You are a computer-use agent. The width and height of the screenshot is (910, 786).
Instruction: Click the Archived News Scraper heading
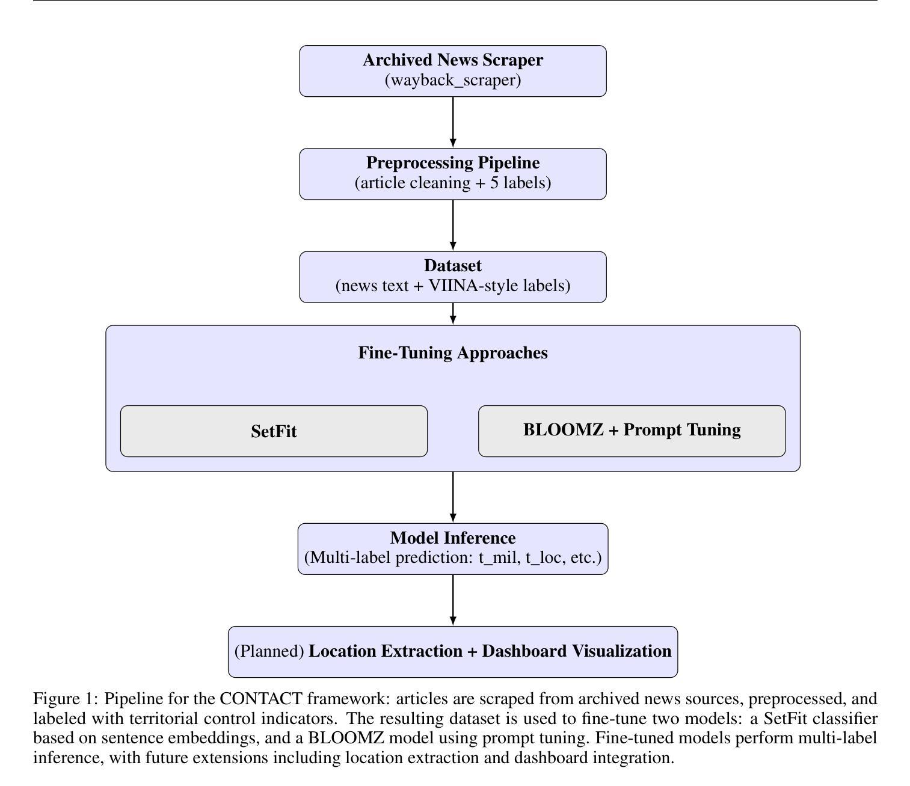point(452,60)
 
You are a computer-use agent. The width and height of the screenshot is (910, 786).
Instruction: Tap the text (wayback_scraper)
point(452,80)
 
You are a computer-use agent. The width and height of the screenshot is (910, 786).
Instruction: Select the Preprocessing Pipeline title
point(452,163)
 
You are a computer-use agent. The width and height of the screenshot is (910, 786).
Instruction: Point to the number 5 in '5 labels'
point(494,183)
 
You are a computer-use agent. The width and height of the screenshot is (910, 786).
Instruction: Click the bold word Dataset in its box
point(452,266)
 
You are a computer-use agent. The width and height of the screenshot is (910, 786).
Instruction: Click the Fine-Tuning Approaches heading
point(452,353)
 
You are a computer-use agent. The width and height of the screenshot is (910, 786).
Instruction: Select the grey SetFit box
point(274,431)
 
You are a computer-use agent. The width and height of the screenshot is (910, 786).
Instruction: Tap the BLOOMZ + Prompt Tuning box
point(632,431)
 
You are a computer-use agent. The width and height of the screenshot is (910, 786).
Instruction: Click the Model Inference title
point(452,538)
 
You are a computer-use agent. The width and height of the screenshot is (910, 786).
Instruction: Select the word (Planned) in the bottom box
point(269,651)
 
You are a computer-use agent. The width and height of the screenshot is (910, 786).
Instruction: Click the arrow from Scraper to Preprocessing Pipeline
point(452,122)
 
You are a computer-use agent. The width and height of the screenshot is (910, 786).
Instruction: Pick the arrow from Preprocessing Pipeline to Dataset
point(452,225)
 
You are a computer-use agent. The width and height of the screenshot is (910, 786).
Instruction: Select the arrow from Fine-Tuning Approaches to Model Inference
point(452,497)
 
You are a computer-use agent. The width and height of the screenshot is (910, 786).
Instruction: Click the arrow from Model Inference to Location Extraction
point(452,600)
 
